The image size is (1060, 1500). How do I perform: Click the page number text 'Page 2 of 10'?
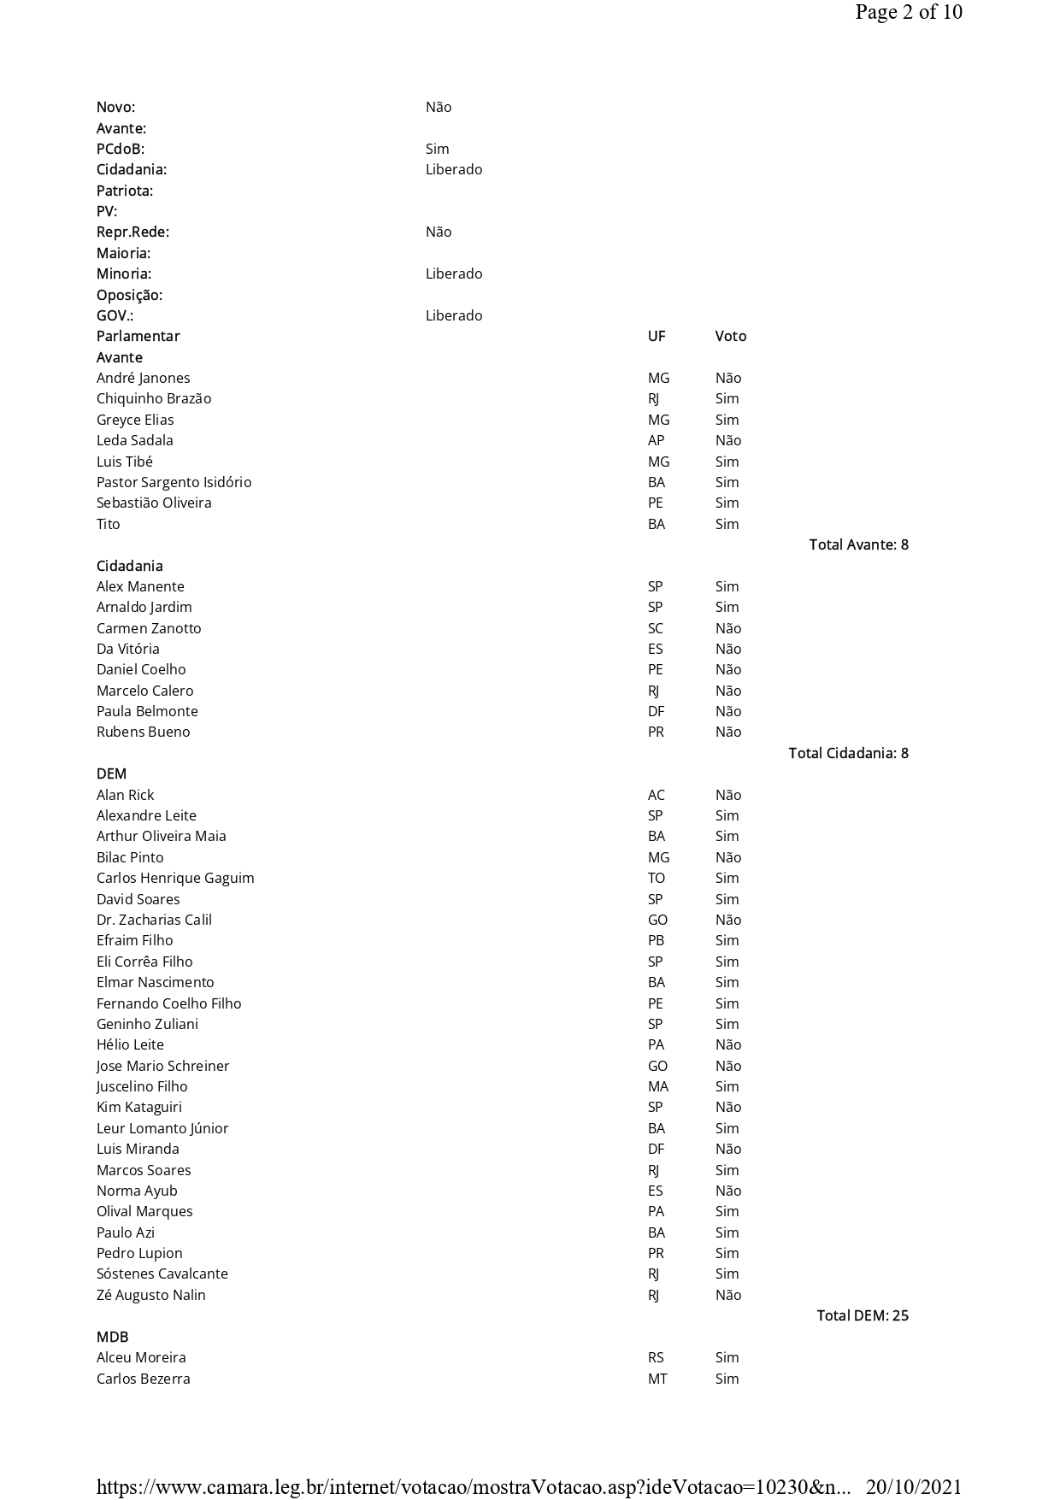908,12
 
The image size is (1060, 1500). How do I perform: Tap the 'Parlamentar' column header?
138,336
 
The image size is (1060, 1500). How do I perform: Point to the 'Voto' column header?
730,336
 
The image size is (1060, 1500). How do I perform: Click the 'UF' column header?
656,336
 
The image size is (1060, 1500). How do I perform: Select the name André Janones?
143,378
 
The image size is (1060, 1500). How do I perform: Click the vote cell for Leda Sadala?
727,440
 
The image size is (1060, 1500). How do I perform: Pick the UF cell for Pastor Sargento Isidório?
656,482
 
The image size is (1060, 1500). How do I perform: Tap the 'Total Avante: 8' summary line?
858,544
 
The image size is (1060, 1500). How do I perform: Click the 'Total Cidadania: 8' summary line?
848,753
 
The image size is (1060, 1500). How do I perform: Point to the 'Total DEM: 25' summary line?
862,1315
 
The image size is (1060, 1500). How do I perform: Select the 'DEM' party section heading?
111,774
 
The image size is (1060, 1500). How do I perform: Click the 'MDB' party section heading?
112,1337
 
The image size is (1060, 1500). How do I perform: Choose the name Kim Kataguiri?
138,1107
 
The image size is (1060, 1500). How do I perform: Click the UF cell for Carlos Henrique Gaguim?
656,878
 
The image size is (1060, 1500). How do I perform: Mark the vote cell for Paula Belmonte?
727,711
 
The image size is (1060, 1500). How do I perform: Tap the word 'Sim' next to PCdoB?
437,149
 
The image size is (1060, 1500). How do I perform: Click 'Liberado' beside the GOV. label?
453,315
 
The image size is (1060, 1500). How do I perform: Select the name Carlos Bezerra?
143,1379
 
